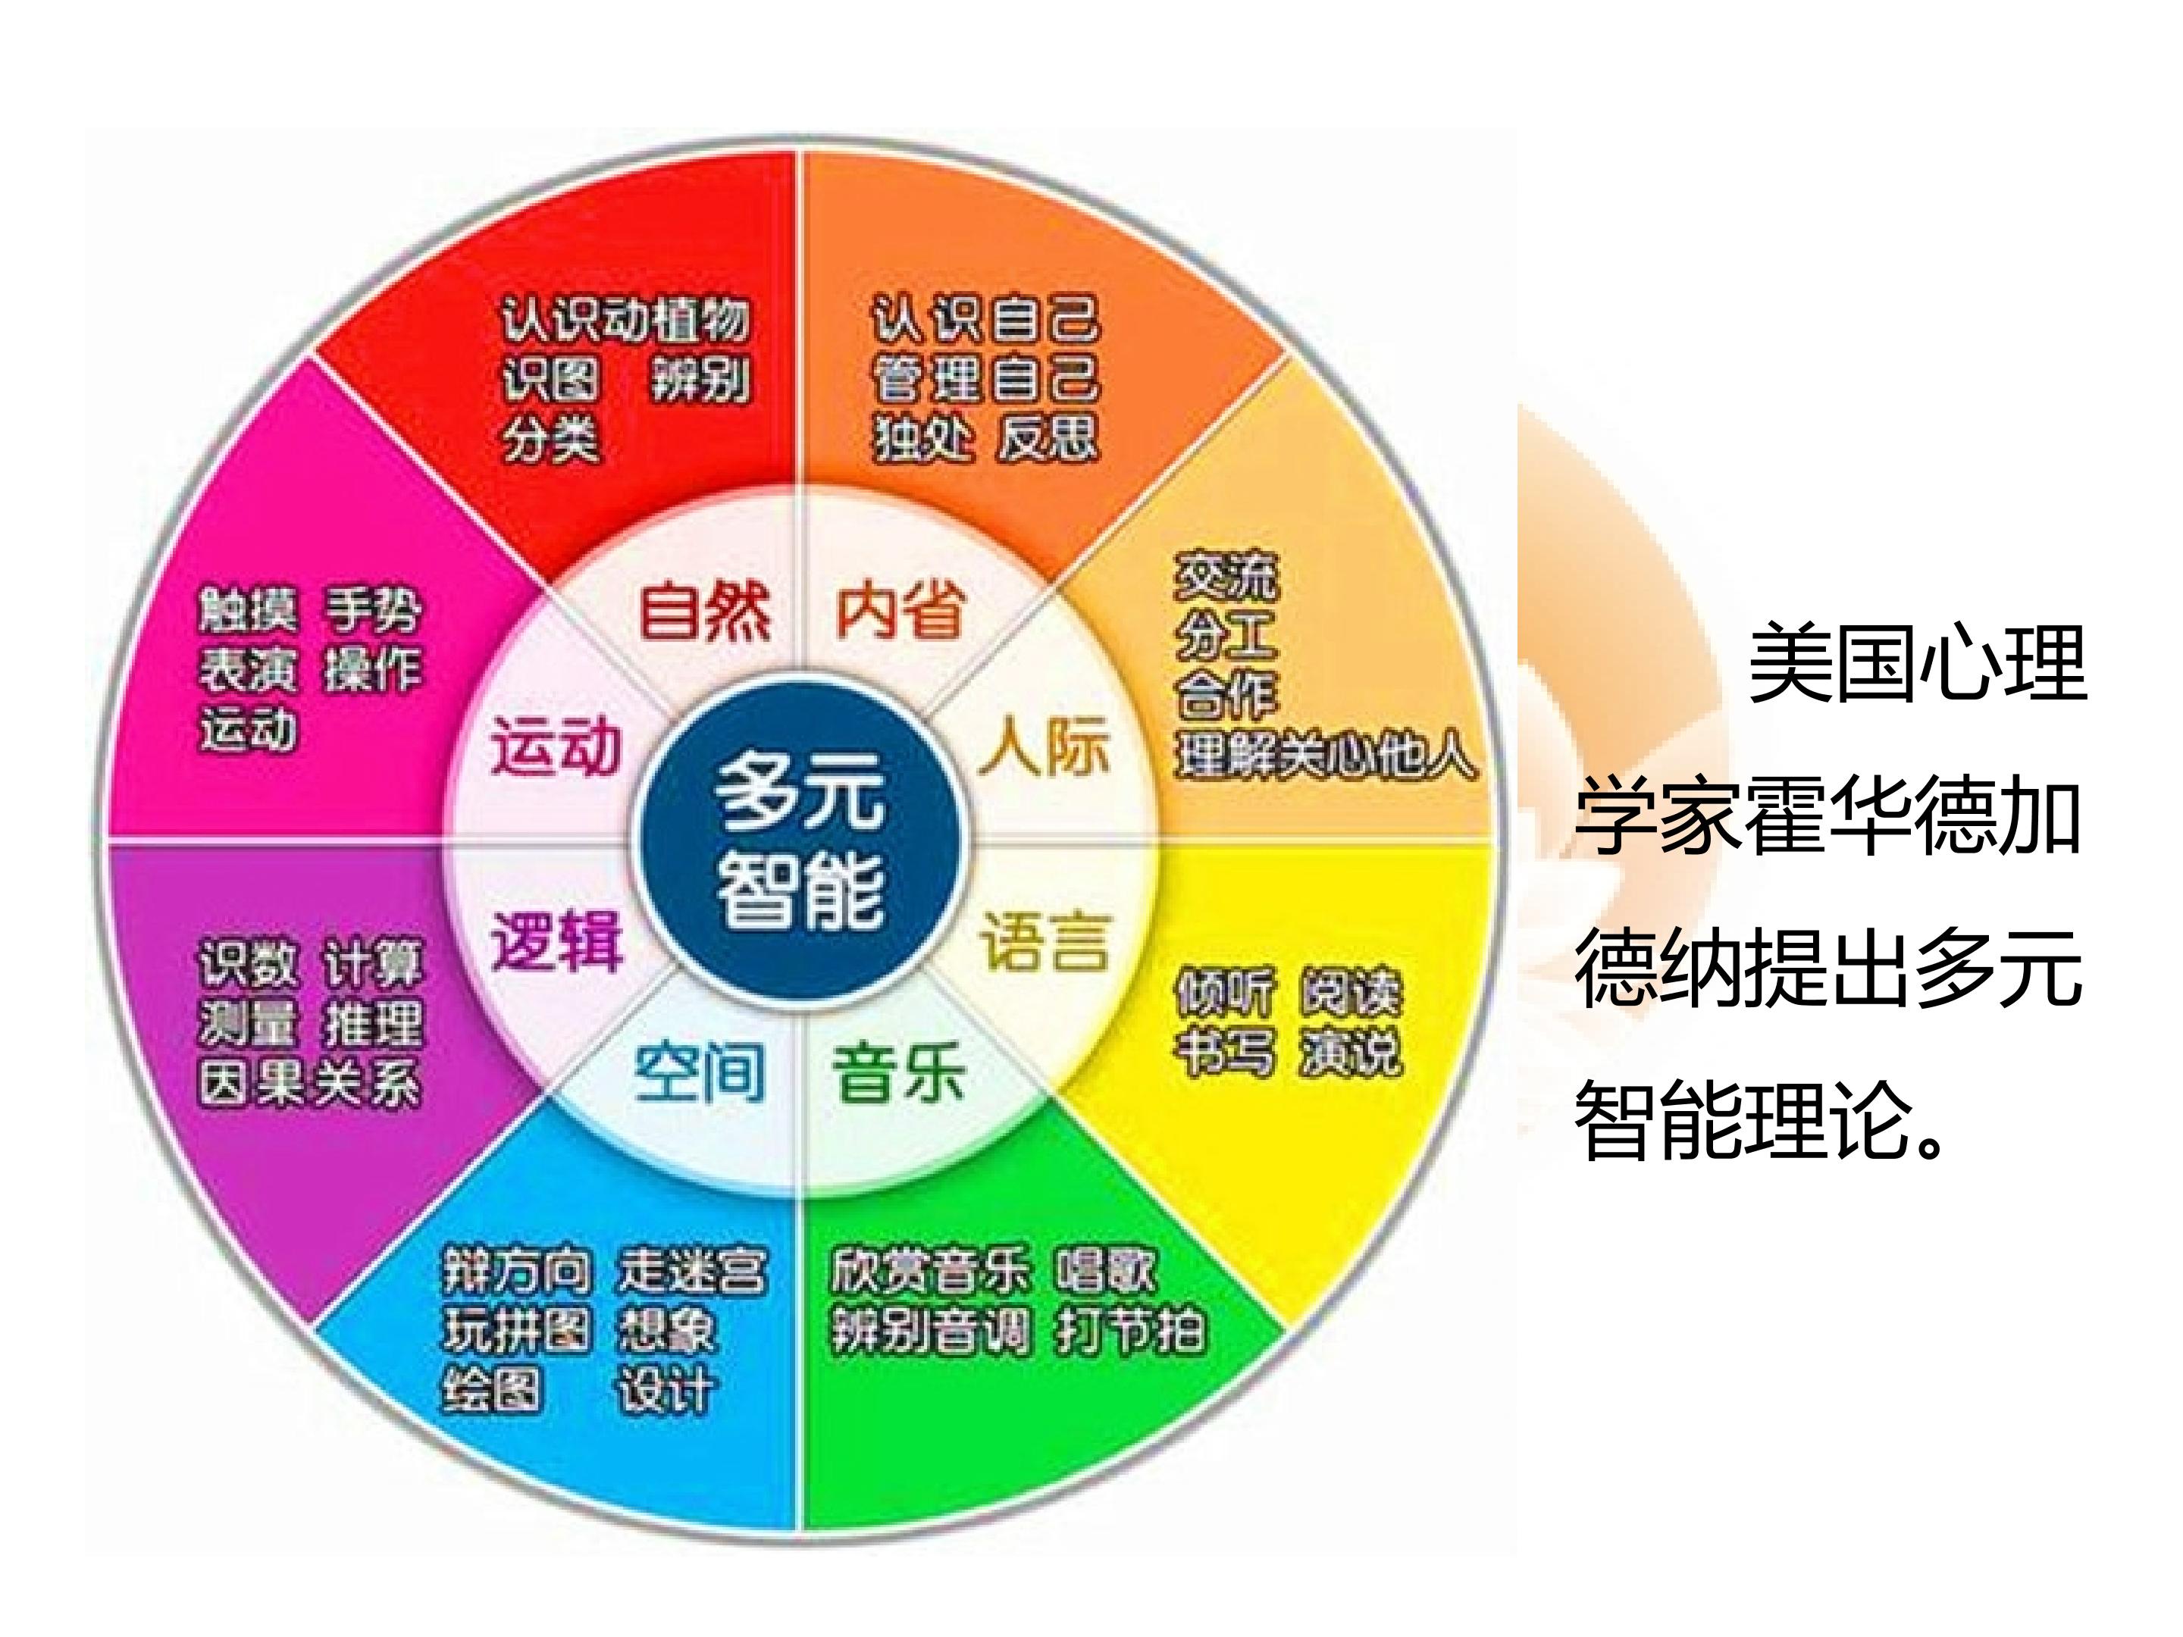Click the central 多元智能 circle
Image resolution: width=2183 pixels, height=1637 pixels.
pos(800,842)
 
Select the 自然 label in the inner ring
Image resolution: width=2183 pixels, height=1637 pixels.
pos(705,611)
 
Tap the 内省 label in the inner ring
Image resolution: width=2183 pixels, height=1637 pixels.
pos(899,611)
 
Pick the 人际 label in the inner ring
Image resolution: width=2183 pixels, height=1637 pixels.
pos(1045,747)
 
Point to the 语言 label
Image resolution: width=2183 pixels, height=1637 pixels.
pos(1045,941)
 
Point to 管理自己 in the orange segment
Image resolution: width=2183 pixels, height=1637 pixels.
pos(985,380)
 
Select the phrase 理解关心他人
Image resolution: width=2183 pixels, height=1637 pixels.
pos(1326,757)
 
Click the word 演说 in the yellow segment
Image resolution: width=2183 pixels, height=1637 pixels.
pos(1350,1052)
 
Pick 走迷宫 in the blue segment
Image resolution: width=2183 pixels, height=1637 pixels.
pos(691,1271)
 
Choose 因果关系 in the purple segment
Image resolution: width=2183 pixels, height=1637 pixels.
pos(310,1084)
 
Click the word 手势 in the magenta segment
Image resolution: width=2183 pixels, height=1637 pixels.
pos(373,611)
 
